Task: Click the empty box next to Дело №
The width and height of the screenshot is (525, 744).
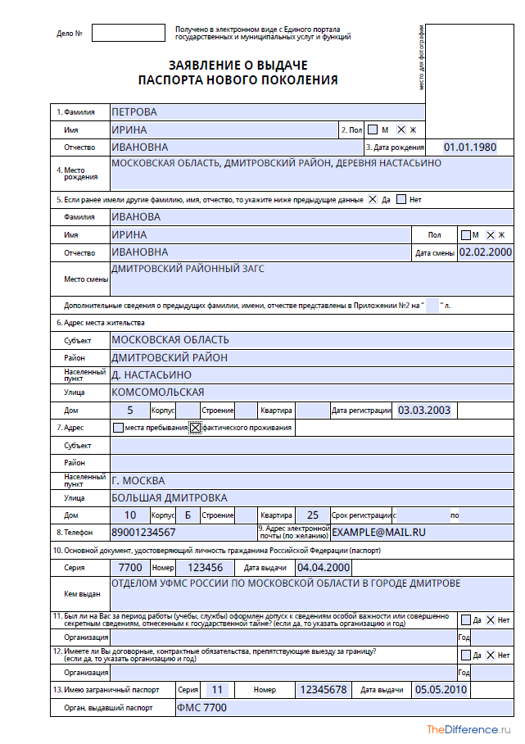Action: click(x=128, y=34)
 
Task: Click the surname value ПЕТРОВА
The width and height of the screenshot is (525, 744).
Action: click(x=134, y=112)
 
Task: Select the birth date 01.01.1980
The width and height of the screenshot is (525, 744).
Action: click(x=470, y=147)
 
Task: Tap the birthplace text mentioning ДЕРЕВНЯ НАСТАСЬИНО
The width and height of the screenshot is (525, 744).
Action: click(x=276, y=163)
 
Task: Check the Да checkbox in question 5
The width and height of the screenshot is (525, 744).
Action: click(x=373, y=199)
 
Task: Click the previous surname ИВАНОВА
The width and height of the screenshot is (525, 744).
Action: click(x=136, y=217)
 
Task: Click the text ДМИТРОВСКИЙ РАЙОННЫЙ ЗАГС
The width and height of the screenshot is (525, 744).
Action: click(x=188, y=269)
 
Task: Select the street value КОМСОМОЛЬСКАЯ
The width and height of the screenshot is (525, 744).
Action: click(x=157, y=392)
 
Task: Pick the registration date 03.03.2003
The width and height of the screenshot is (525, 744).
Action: click(x=423, y=410)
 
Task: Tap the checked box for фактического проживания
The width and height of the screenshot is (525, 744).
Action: click(x=195, y=428)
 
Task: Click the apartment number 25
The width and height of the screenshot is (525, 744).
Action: click(x=313, y=515)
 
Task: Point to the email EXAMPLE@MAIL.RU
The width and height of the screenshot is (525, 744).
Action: click(x=378, y=533)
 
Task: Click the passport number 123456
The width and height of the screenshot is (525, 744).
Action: click(x=205, y=568)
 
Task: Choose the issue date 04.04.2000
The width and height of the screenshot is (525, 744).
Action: click(x=324, y=568)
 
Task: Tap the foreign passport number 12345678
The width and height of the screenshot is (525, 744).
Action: click(x=324, y=690)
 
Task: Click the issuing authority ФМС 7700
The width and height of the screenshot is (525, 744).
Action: click(x=201, y=708)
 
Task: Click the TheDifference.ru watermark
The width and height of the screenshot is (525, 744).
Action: click(x=473, y=729)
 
